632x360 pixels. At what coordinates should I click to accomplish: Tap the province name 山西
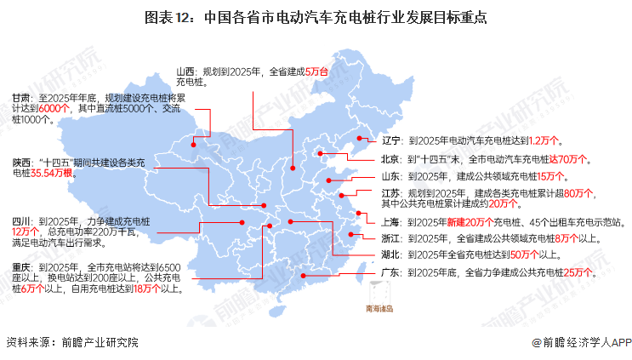(186, 70)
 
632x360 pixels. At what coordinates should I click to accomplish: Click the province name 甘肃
(21, 98)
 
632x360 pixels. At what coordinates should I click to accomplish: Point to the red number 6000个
(54, 109)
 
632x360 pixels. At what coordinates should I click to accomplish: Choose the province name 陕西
(21, 161)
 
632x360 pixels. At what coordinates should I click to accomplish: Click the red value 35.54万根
(53, 172)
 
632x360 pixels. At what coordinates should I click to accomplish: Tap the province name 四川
(21, 220)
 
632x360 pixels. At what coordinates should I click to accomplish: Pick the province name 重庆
(21, 266)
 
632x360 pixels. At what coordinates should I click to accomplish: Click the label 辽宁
(390, 140)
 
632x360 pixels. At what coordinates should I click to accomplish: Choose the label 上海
(390, 221)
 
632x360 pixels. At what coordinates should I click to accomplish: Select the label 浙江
(390, 237)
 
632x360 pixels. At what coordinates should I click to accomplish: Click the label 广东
(390, 272)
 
